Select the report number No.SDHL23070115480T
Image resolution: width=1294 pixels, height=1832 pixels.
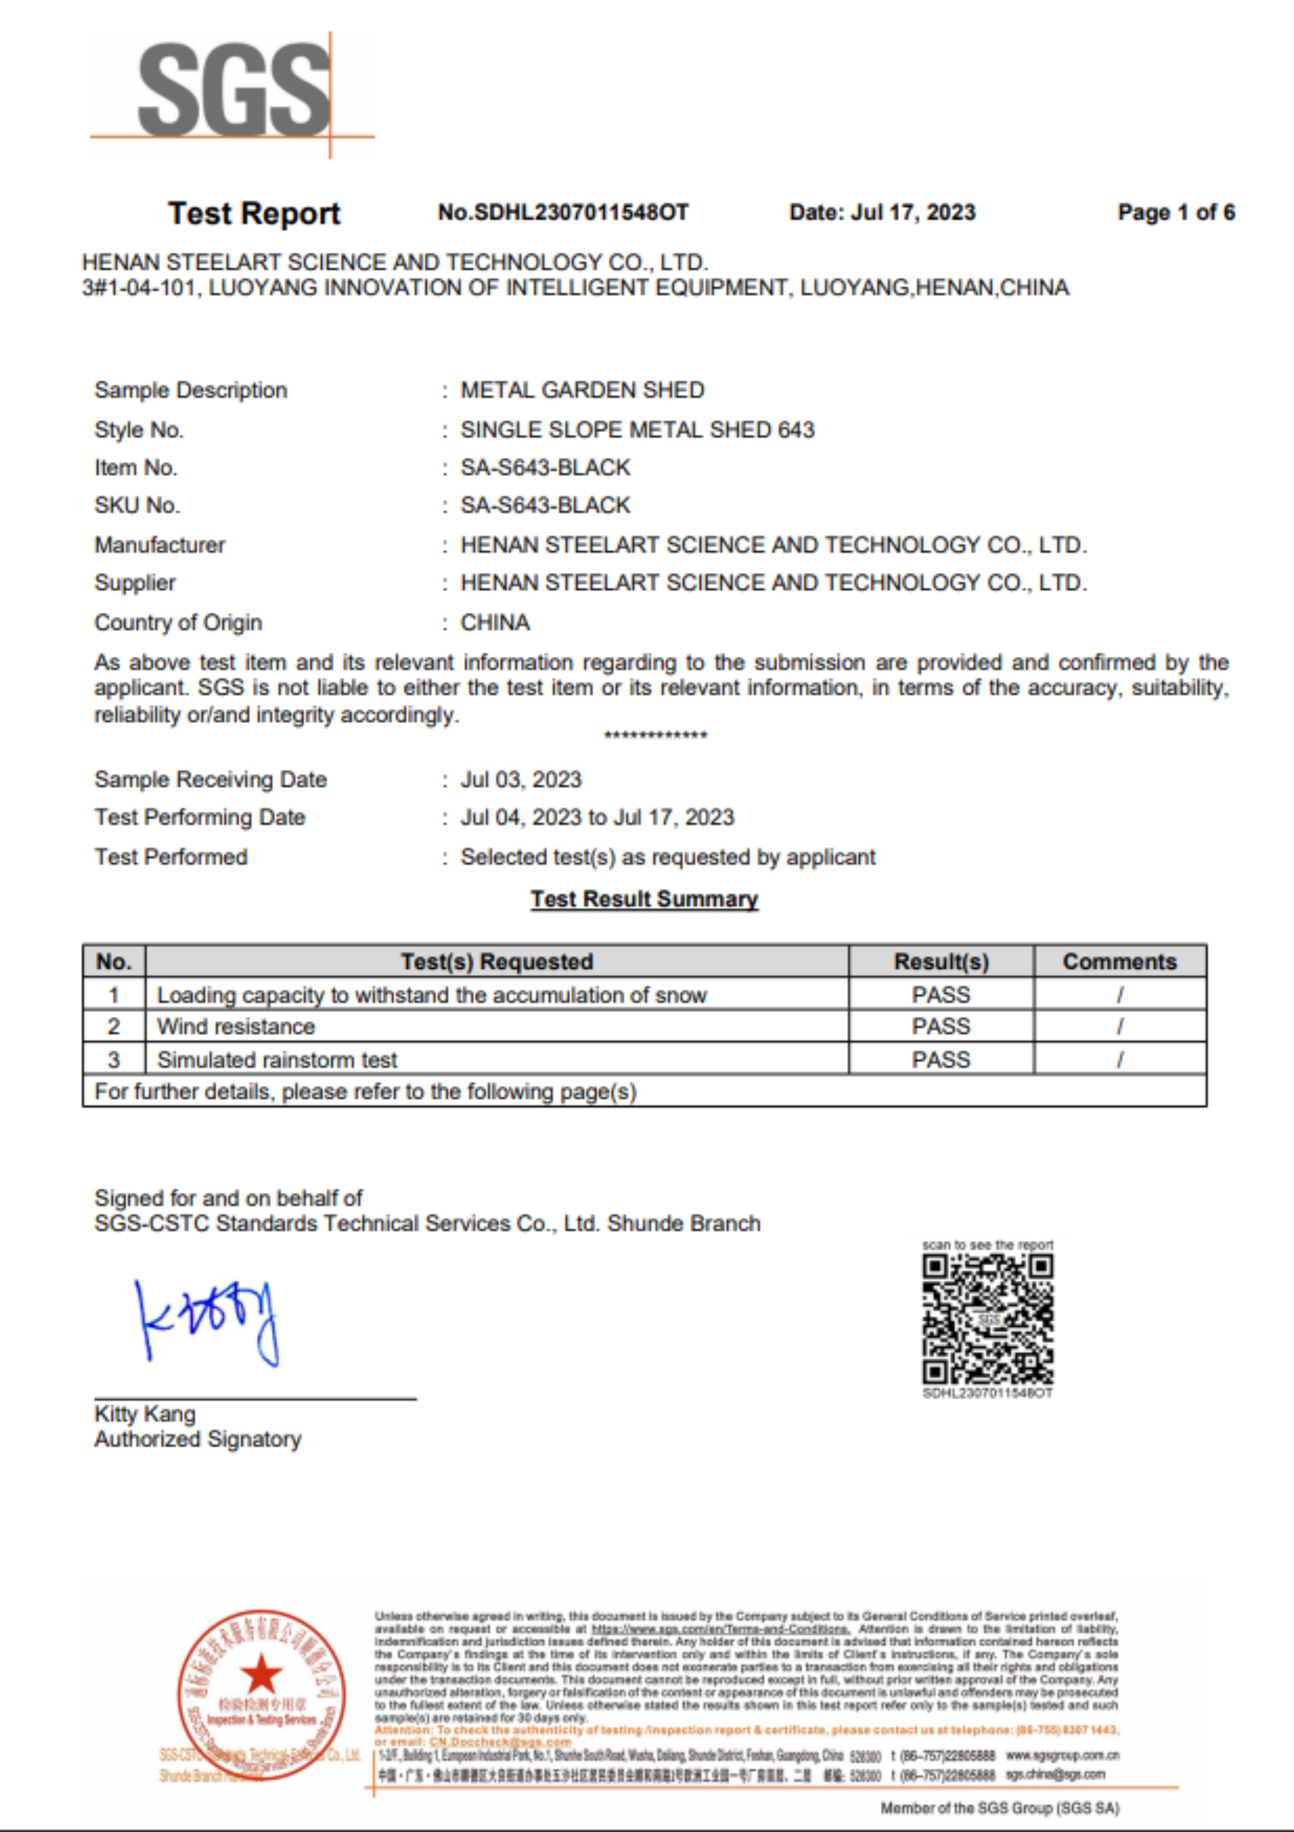pos(562,212)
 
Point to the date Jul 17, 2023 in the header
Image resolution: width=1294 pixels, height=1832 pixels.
pos(881,212)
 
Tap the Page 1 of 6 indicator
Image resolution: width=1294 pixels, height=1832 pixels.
pos(1176,212)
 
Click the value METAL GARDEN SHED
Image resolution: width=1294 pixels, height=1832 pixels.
pos(582,390)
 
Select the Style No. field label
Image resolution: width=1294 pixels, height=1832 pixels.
pos(139,430)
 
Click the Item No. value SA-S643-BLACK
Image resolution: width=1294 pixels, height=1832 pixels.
pos(546,468)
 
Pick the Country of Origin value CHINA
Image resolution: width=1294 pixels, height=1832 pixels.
pos(495,622)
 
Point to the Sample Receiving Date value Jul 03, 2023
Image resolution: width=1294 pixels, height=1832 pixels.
pos(521,780)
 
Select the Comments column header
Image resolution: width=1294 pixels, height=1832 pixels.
pos(1120,961)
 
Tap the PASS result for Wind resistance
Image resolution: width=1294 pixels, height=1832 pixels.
pos(941,1026)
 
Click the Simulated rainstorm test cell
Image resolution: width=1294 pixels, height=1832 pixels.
pos(277,1060)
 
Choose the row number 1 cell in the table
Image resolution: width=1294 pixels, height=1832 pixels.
pos(114,995)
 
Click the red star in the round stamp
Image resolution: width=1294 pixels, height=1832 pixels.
pos(261,1675)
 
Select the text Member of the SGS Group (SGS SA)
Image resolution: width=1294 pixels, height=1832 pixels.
pos(1000,1807)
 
